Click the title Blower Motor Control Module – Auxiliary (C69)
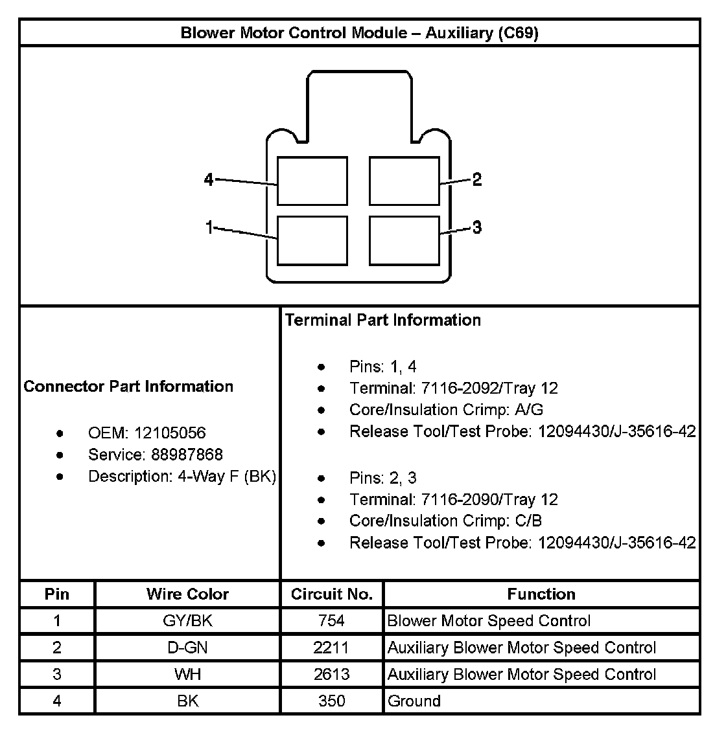pyautogui.click(x=359, y=33)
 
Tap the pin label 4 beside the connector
pyautogui.click(x=209, y=179)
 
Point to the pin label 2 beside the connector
pyautogui.click(x=477, y=179)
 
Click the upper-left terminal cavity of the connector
pyautogui.click(x=312, y=181)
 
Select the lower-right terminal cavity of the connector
pyautogui.click(x=404, y=240)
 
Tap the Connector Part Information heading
pyautogui.click(x=128, y=387)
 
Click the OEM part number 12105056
pyautogui.click(x=173, y=433)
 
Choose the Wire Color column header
pyautogui.click(x=187, y=594)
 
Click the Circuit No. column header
pyautogui.click(x=332, y=594)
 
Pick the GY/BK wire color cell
pyautogui.click(x=187, y=621)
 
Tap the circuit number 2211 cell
pyautogui.click(x=332, y=648)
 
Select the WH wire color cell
pyautogui.click(x=187, y=674)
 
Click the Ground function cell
pyautogui.click(x=414, y=701)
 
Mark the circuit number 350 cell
pyautogui.click(x=332, y=701)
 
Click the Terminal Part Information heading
pyautogui.click(x=383, y=320)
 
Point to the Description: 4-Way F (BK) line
pyautogui.click(x=182, y=477)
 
